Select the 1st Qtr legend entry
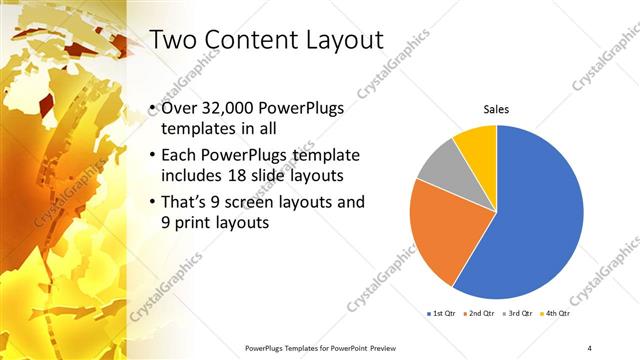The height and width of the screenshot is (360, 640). [442, 314]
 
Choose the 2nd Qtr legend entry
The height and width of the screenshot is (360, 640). [481, 314]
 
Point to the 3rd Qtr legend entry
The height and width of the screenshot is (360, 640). [519, 314]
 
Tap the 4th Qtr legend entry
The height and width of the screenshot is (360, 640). [556, 314]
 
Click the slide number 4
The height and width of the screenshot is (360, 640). [590, 347]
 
